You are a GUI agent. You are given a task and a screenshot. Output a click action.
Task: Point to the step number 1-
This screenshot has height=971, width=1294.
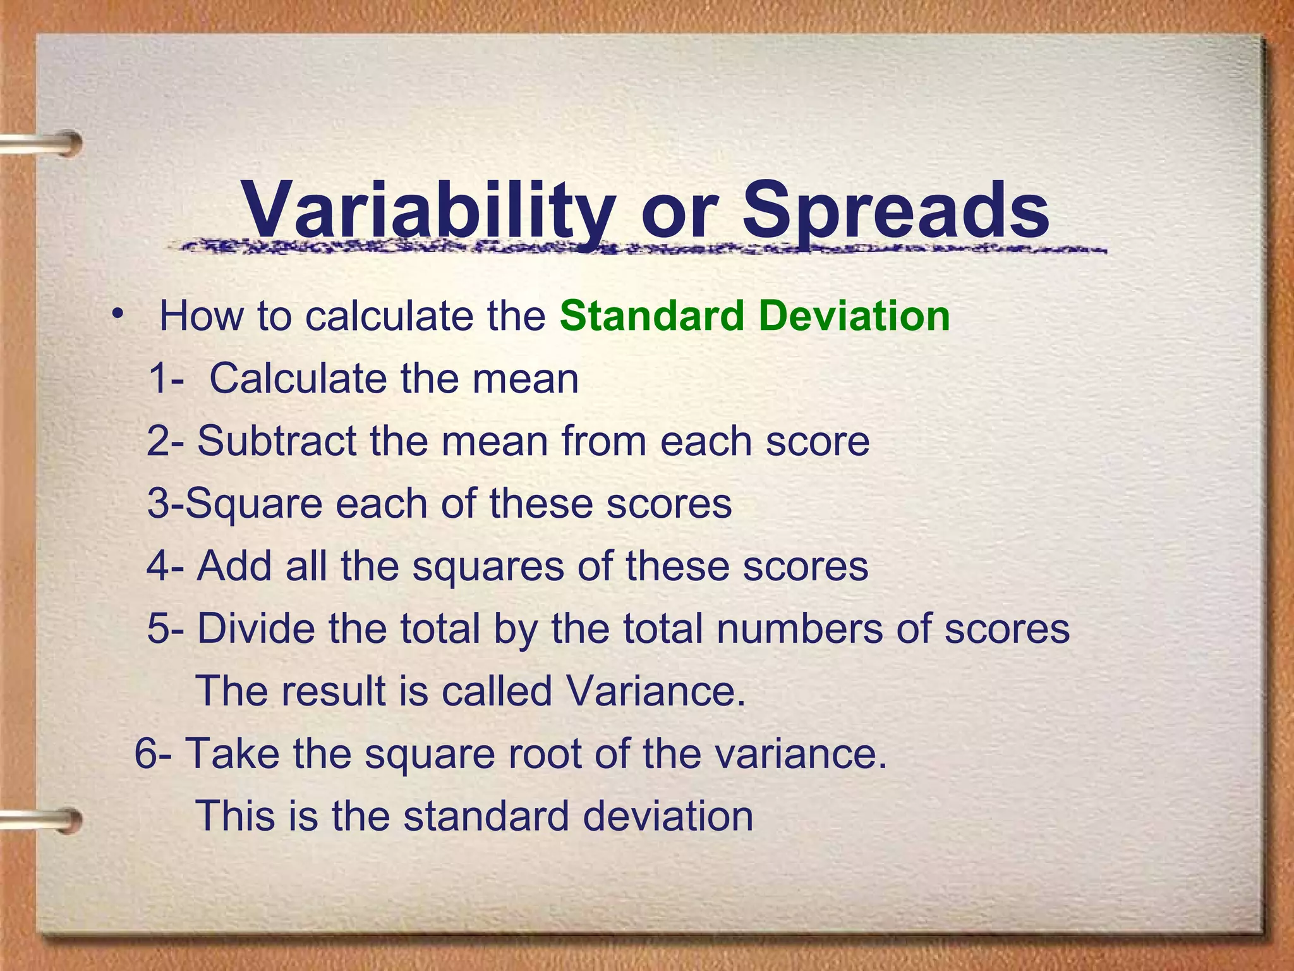[x=166, y=379]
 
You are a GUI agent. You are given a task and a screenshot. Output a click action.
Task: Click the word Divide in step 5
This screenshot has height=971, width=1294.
[x=255, y=628]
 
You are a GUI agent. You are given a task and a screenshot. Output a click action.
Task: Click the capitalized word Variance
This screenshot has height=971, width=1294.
[x=655, y=690]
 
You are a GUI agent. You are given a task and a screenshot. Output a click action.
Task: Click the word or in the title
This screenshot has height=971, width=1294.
[x=679, y=212]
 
